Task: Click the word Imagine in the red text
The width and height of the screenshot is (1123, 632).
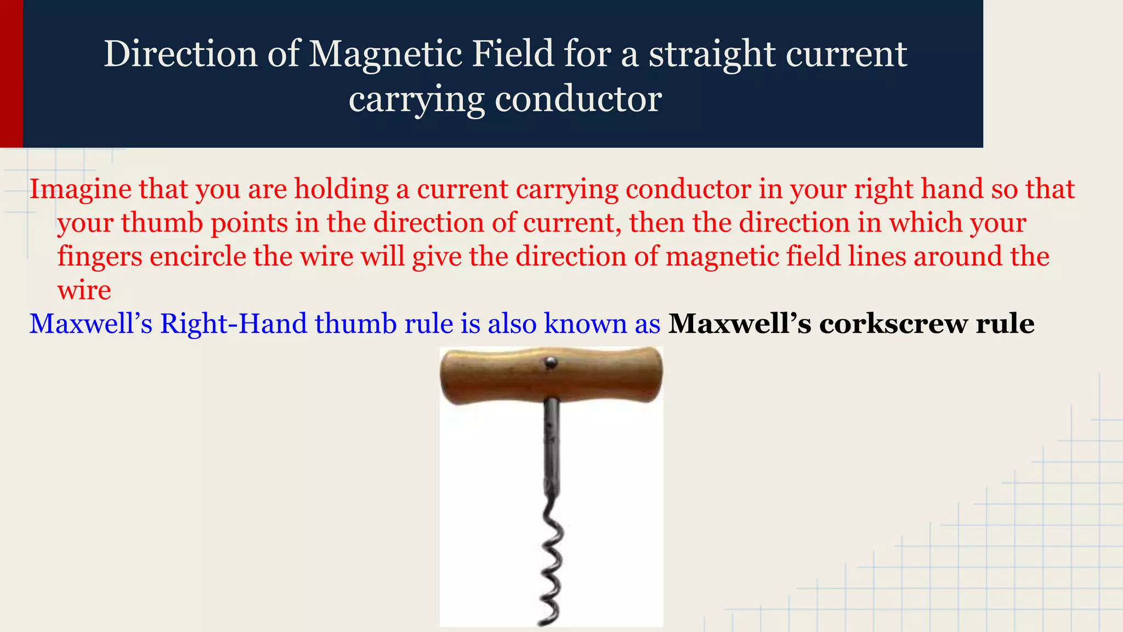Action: [x=80, y=189]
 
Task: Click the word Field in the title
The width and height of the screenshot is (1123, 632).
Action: [x=508, y=55]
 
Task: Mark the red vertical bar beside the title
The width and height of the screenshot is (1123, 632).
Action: [x=11, y=74]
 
